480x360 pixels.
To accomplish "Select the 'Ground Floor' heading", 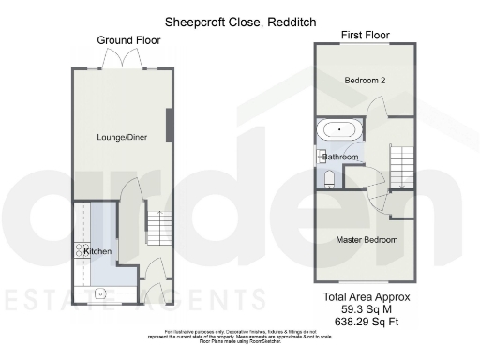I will (x=128, y=40).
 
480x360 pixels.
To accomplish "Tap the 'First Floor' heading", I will (x=365, y=35).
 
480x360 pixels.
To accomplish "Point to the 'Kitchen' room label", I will (x=97, y=251).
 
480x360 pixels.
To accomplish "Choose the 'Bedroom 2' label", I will (x=365, y=81).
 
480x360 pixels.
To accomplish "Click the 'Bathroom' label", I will (x=340, y=157).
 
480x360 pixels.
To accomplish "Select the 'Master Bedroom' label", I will (x=367, y=240).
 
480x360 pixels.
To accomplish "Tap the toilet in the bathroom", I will (x=329, y=176).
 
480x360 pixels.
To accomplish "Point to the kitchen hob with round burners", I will (x=79, y=250).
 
